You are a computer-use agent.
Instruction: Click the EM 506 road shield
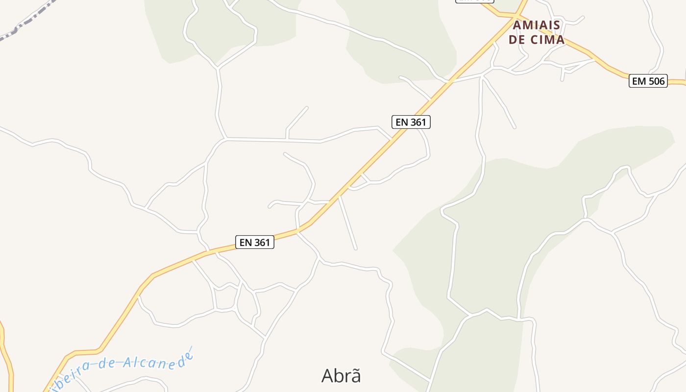tap(648, 81)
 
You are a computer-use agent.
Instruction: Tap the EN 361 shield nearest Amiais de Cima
tap(411, 122)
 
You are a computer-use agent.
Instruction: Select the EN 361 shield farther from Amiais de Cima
tap(254, 242)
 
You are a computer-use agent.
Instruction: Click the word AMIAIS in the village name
tap(537, 25)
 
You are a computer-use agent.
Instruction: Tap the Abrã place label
tap(341, 376)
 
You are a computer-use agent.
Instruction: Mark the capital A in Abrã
tap(328, 376)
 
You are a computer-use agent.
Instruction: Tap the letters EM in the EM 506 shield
tap(639, 81)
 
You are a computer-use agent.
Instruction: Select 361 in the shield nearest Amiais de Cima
tap(418, 122)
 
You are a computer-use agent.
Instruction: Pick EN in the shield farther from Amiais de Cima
tap(245, 242)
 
